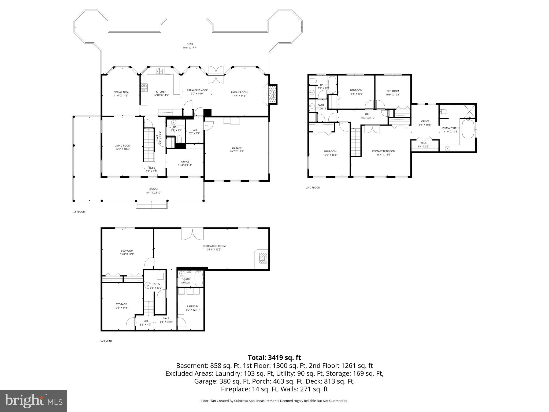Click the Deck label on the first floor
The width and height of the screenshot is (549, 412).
[190, 44]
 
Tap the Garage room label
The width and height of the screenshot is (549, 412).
[237, 148]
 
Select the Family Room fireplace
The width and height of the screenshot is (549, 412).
[272, 94]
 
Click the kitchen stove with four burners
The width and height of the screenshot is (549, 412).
[144, 88]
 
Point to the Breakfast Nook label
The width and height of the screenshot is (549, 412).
[197, 90]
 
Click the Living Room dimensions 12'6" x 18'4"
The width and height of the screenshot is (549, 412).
[123, 149]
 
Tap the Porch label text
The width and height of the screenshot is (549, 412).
[153, 189]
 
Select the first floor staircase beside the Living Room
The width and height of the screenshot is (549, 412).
[149, 145]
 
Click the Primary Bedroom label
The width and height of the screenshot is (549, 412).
[384, 151]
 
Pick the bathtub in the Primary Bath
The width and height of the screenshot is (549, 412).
[468, 128]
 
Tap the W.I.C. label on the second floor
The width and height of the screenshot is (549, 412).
[424, 143]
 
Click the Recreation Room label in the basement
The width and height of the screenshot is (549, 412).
[214, 246]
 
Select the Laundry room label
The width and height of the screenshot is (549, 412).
[192, 306]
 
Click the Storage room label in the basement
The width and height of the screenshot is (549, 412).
[121, 304]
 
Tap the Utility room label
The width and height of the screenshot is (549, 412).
[156, 284]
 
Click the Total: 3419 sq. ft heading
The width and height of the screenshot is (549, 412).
[274, 358]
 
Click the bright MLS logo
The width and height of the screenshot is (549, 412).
[34, 401]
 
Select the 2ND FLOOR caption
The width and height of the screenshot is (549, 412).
[313, 187]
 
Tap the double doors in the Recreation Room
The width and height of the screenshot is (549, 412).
[192, 234]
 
